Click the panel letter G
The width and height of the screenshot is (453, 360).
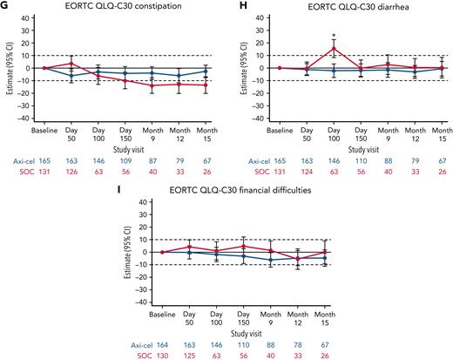pos(6,6)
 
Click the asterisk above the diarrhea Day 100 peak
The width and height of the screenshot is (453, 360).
pos(334,37)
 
